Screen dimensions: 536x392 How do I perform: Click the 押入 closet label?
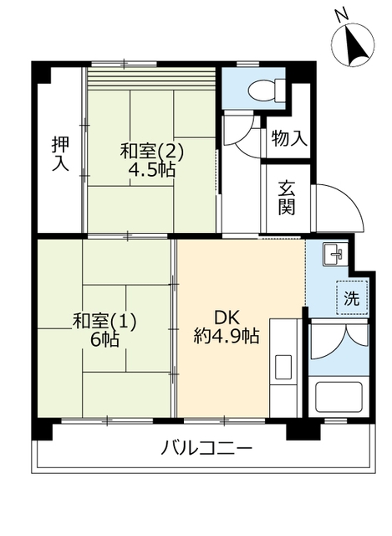point(59,153)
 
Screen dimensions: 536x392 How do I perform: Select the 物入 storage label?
point(288,139)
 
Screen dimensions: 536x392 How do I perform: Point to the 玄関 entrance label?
point(287,198)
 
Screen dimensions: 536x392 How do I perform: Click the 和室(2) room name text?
point(151,152)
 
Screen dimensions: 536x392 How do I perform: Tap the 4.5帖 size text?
point(151,170)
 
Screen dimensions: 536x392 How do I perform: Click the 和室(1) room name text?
point(104,320)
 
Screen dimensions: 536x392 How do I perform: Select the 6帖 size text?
point(104,339)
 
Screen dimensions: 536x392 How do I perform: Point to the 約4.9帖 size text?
point(226,337)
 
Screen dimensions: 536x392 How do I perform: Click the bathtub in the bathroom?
point(339,397)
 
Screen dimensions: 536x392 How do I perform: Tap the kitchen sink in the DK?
point(283,367)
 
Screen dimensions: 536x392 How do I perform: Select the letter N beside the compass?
point(339,15)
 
